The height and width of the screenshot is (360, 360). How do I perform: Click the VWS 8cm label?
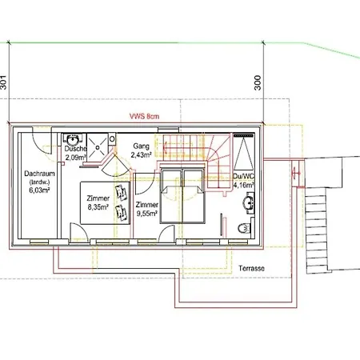tap(144, 116)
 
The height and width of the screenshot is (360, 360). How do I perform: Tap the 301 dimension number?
tap(3, 82)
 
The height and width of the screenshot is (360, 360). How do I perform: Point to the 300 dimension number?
tap(258, 82)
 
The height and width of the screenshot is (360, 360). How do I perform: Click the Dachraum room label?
tap(39, 174)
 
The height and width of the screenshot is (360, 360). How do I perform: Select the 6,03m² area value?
tap(39, 190)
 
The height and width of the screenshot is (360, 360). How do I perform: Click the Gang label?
tap(141, 146)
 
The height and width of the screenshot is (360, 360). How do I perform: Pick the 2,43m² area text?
tap(142, 154)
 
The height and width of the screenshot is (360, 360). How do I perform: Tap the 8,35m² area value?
tap(98, 207)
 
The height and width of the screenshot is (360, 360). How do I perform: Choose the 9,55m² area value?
tap(147, 214)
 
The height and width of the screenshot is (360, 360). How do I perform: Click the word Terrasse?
tap(251, 268)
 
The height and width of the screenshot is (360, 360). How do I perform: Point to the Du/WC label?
tap(244, 176)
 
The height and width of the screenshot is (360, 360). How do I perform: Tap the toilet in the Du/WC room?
tap(244, 229)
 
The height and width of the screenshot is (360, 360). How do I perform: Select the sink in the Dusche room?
tap(72, 139)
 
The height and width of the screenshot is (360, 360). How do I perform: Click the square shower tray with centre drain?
tap(98, 147)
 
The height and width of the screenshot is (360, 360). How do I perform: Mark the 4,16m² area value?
tap(244, 185)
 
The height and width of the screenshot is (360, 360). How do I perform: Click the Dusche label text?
tap(75, 149)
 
